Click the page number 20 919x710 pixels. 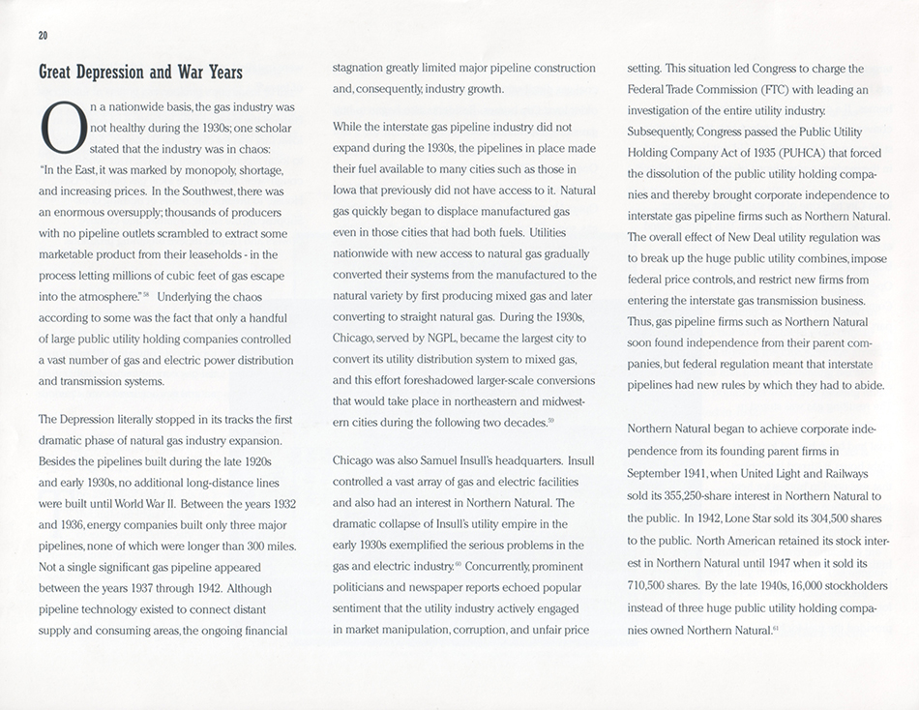43,35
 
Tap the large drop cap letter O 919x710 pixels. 60,129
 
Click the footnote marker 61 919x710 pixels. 775,626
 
